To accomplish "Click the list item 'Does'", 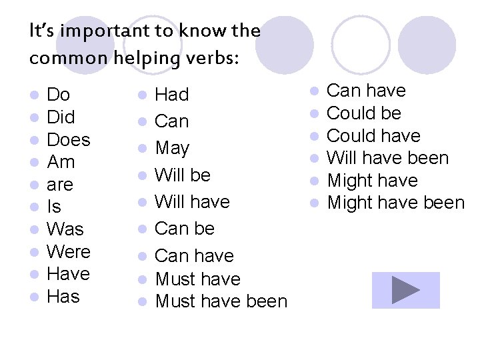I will point(68,140).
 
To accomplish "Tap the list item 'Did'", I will point(61,117).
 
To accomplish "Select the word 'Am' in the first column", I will point(61,162).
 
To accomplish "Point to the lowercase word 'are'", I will point(60,185).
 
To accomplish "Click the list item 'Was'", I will point(65,229).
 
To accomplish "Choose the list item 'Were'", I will point(68,252).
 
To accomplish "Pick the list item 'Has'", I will point(63,297).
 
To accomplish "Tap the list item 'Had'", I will point(172,95).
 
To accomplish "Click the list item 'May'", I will point(172,148).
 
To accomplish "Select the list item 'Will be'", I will point(183,175).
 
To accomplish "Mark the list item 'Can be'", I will point(185,228).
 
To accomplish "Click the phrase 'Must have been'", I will point(221,301).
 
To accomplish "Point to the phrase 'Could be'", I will point(364,113).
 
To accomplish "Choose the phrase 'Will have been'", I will point(388,158).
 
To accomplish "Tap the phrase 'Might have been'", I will point(396,203).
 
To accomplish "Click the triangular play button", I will point(405,290).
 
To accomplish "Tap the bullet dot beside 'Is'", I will point(34,207).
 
